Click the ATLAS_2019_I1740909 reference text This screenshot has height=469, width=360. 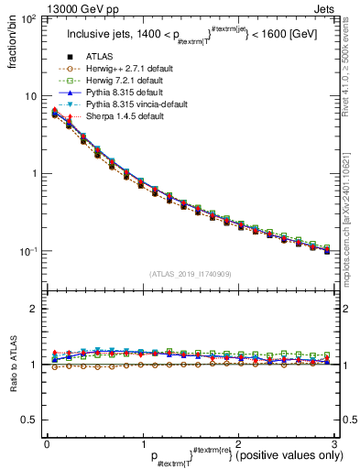point(190,274)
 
